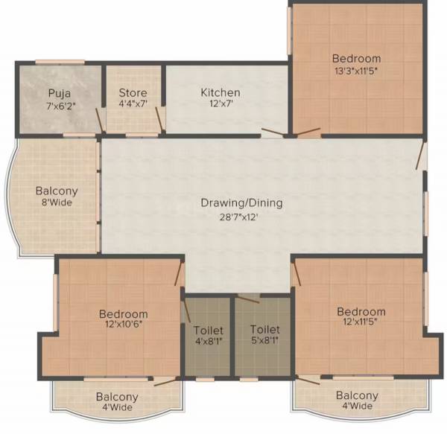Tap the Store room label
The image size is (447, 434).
tap(133, 93)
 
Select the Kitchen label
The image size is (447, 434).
tap(220, 93)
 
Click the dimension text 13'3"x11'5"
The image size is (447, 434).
tap(356, 71)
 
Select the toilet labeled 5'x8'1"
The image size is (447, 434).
tap(264, 336)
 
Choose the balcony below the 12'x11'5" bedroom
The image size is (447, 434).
tap(356, 401)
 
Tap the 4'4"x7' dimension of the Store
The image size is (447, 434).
tap(133, 106)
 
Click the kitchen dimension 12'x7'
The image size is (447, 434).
tap(220, 106)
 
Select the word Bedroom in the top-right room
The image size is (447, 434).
tap(356, 59)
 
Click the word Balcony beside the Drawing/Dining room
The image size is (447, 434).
tap(57, 191)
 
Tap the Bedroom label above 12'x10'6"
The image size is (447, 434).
tap(123, 314)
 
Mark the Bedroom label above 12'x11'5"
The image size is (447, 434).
tap(361, 312)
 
